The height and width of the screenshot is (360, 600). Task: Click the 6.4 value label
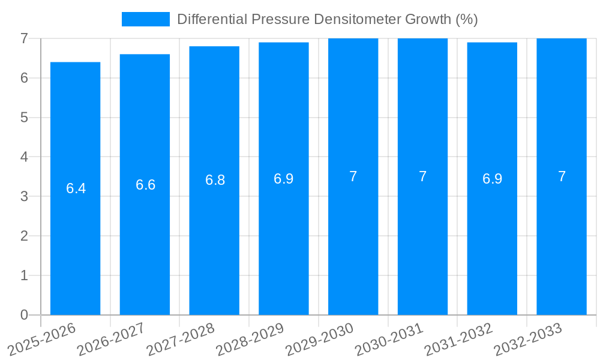[76, 188]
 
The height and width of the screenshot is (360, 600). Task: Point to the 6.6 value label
[145, 185]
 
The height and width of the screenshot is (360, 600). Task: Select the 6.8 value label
[215, 180]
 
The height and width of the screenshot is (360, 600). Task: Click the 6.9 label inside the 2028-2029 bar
[284, 179]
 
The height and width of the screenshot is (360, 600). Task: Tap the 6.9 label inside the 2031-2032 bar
[492, 179]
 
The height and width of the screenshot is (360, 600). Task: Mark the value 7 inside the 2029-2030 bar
[353, 176]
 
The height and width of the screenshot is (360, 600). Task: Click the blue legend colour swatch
[145, 19]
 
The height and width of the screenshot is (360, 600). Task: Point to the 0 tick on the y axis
[24, 315]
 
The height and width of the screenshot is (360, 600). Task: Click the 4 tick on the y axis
[24, 157]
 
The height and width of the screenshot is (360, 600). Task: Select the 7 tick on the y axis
[24, 38]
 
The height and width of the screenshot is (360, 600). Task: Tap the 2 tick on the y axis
[24, 236]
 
